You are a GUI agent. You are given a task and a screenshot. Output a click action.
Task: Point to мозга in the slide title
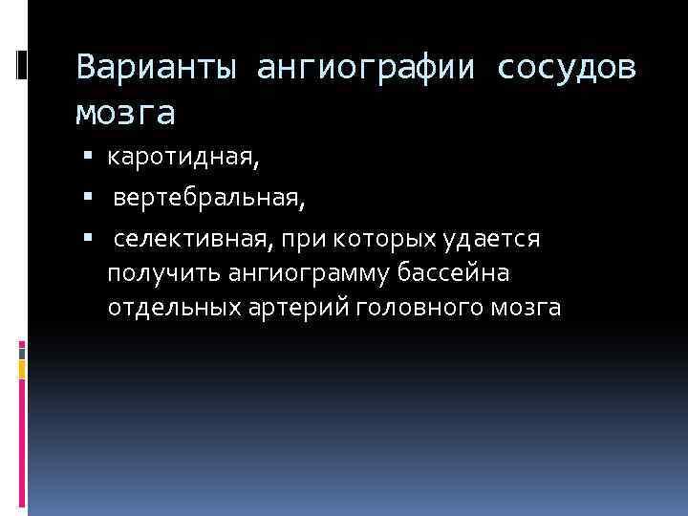[125, 112]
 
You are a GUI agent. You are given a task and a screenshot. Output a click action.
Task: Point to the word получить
[162, 274]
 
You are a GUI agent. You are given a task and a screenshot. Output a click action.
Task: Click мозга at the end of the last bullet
[528, 309]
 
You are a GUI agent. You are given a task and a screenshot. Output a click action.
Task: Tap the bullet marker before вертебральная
[88, 198]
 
